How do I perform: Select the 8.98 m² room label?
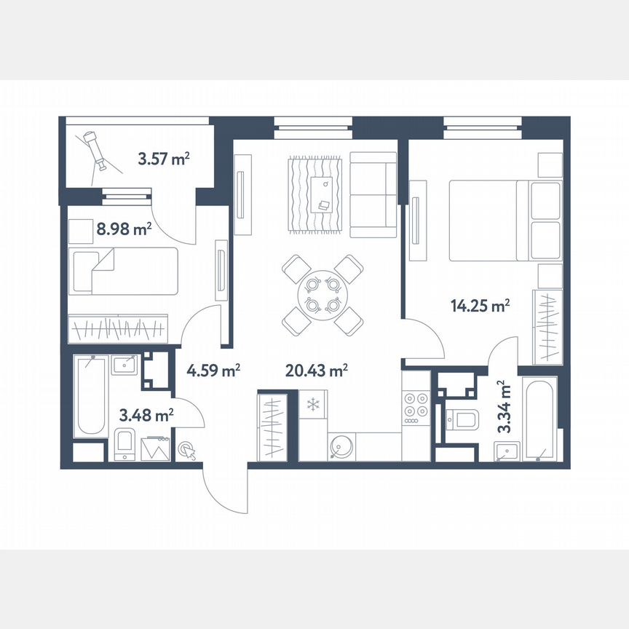pyautogui.click(x=124, y=229)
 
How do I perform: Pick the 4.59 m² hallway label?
pyautogui.click(x=213, y=371)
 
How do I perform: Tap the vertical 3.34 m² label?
pyautogui.click(x=503, y=406)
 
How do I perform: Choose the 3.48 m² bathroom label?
pyautogui.click(x=146, y=416)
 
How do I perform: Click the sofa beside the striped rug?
pyautogui.click(x=373, y=194)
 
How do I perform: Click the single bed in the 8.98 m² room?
pyautogui.click(x=123, y=271)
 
